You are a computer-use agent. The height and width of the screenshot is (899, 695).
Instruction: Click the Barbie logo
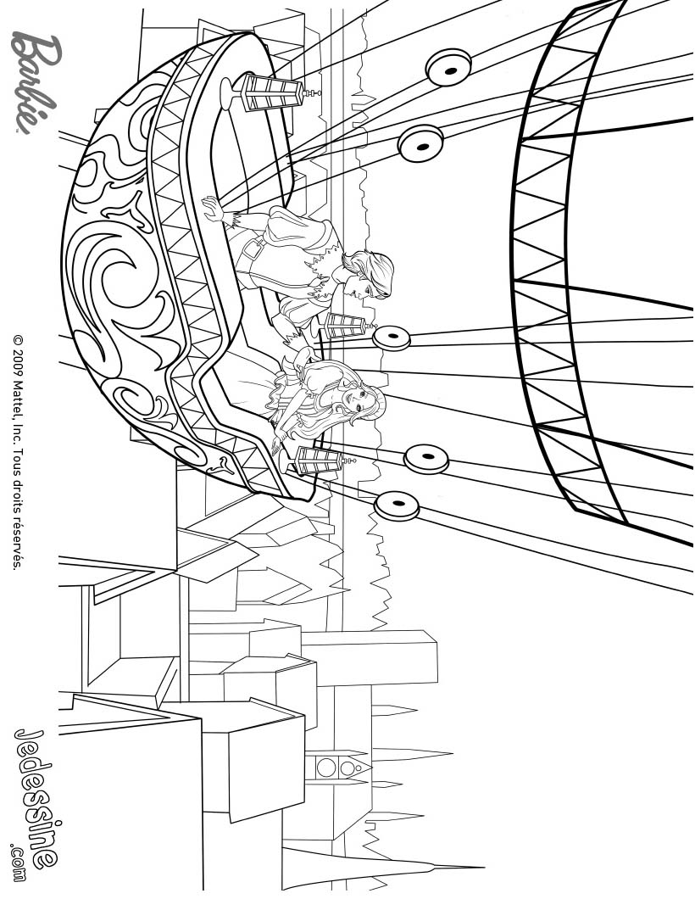coord(36,83)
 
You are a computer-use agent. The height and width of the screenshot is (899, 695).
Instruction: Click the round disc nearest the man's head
coord(392,338)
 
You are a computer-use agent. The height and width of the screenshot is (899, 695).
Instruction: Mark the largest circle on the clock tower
coord(326,768)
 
